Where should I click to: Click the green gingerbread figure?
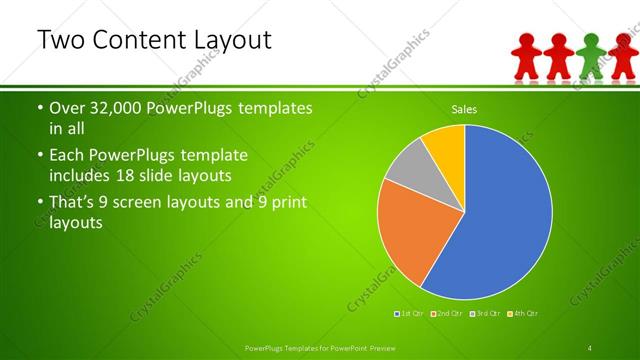[x=591, y=56]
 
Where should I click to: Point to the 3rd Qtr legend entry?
[x=486, y=314]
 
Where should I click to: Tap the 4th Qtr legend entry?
[x=524, y=314]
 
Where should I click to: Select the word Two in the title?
[x=59, y=41]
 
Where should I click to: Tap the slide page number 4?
[x=590, y=347]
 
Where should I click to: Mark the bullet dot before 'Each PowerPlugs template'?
[x=39, y=157]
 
